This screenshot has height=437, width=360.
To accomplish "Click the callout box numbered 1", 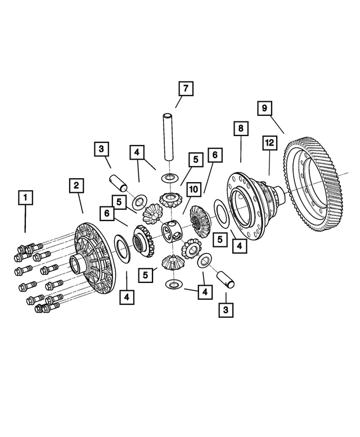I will [x=25, y=198].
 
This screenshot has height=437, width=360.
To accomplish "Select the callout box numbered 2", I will [x=78, y=185].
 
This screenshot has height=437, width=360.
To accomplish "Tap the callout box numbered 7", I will [x=186, y=89].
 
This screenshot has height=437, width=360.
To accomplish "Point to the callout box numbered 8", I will [x=240, y=129].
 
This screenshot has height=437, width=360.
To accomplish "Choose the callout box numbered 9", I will [x=265, y=107].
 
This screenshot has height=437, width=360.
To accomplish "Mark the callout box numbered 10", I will [x=194, y=190].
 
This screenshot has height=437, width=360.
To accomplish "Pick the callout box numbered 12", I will [x=269, y=144].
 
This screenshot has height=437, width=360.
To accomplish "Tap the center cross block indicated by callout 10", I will [x=171, y=231].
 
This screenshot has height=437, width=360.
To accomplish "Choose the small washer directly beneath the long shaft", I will [x=168, y=178].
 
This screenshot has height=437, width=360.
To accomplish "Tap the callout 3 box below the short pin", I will [x=226, y=309].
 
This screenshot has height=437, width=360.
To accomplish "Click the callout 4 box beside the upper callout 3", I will [x=137, y=152].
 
